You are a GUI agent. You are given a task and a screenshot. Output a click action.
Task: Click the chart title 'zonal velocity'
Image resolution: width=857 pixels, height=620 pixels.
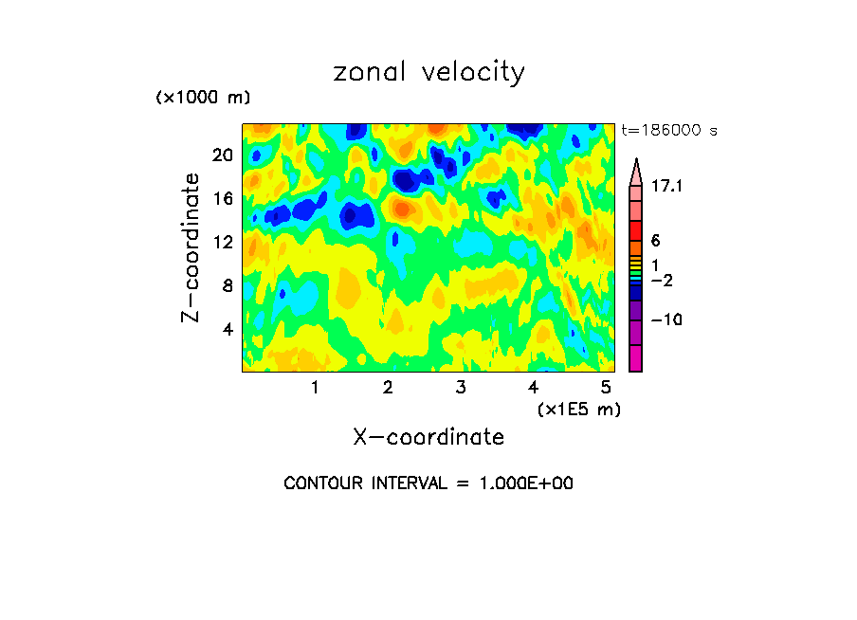pos(428,72)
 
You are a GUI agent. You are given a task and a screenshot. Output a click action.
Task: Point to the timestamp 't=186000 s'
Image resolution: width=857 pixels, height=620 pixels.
pos(668,130)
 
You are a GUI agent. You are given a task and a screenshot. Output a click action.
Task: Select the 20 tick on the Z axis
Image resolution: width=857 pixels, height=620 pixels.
pos(222,155)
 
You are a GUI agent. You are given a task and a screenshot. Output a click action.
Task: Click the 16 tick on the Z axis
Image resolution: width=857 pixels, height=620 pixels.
pos(222,198)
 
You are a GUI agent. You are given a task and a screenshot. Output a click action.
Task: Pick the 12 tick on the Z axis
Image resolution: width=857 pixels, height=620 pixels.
pos(222,242)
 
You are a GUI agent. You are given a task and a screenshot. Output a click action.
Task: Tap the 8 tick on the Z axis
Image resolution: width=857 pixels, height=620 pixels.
pos(228,285)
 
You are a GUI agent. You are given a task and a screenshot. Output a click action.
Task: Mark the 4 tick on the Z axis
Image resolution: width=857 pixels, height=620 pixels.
pos(228,329)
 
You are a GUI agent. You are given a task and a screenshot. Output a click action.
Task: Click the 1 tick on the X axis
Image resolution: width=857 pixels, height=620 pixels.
pos(315,387)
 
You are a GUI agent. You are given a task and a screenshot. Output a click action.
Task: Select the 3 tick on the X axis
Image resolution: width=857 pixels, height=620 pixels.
pos(460,387)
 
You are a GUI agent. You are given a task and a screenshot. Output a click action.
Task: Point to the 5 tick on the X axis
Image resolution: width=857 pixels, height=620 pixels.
pos(605,387)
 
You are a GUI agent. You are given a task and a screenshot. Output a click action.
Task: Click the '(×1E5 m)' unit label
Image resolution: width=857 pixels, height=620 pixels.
pos(578,409)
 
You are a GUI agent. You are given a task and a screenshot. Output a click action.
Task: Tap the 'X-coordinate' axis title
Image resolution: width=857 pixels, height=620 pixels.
pos(428,437)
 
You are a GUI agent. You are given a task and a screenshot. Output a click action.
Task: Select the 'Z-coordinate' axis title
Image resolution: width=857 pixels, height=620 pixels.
pos(191,247)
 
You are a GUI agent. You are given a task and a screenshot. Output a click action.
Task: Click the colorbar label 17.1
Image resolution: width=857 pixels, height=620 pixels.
pos(668,187)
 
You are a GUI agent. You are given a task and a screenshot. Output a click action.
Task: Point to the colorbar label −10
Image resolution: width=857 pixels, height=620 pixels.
pos(666,320)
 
